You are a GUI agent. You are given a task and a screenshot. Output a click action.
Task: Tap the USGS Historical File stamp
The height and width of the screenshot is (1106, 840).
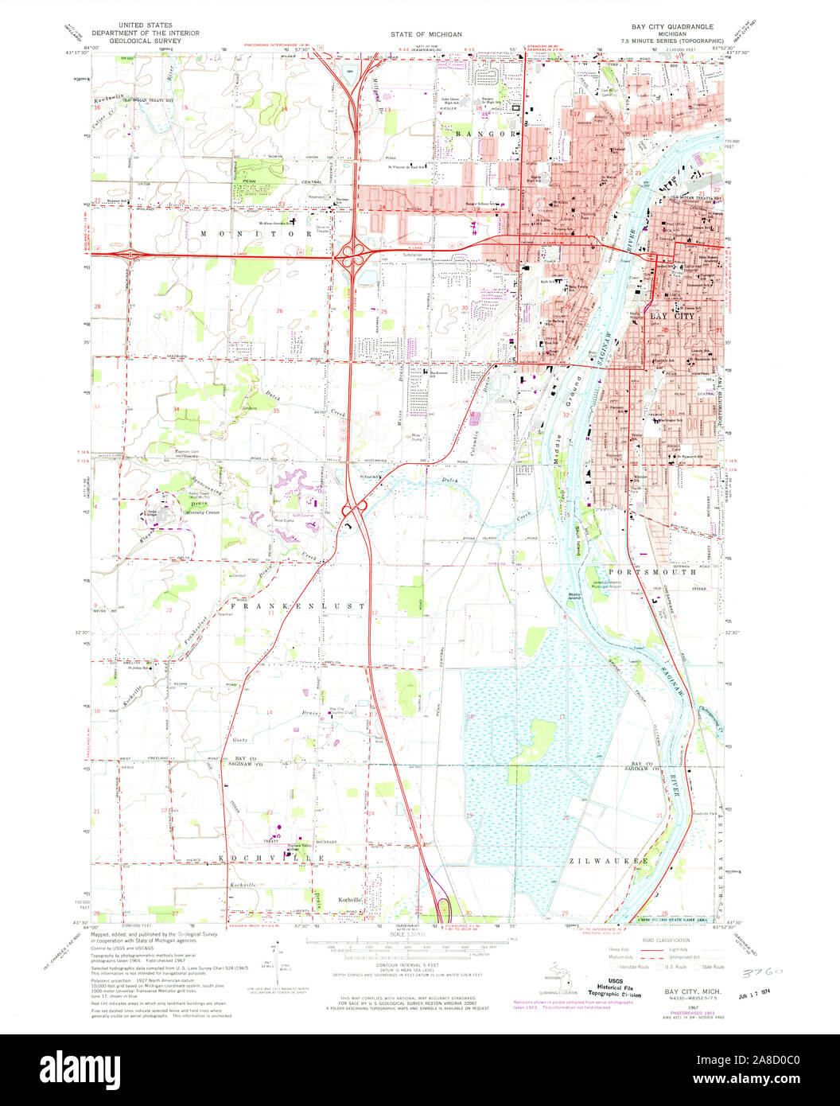coord(613,987)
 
